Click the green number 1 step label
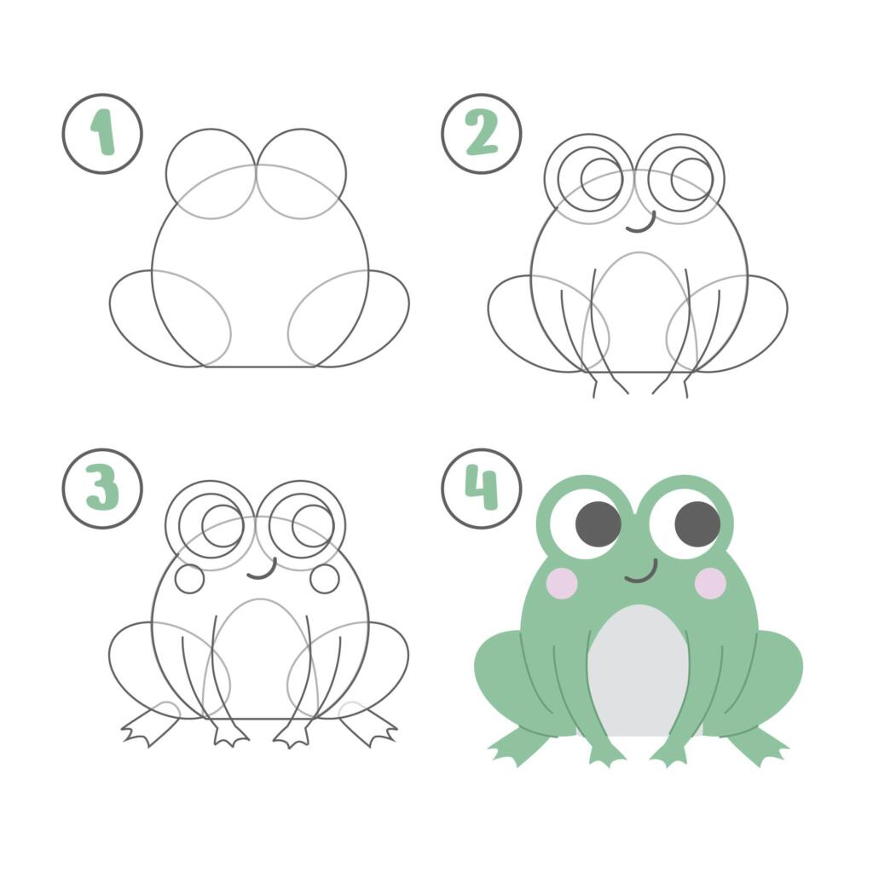pos(103,132)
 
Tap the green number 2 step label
pos(482,133)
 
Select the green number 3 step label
pos(102,489)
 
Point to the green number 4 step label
pos(482,488)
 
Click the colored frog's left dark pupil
pos(598,524)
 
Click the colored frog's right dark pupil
pos(697,524)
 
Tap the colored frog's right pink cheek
pos(711,582)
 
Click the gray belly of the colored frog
pos(639,668)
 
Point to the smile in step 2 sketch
pos(641,228)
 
